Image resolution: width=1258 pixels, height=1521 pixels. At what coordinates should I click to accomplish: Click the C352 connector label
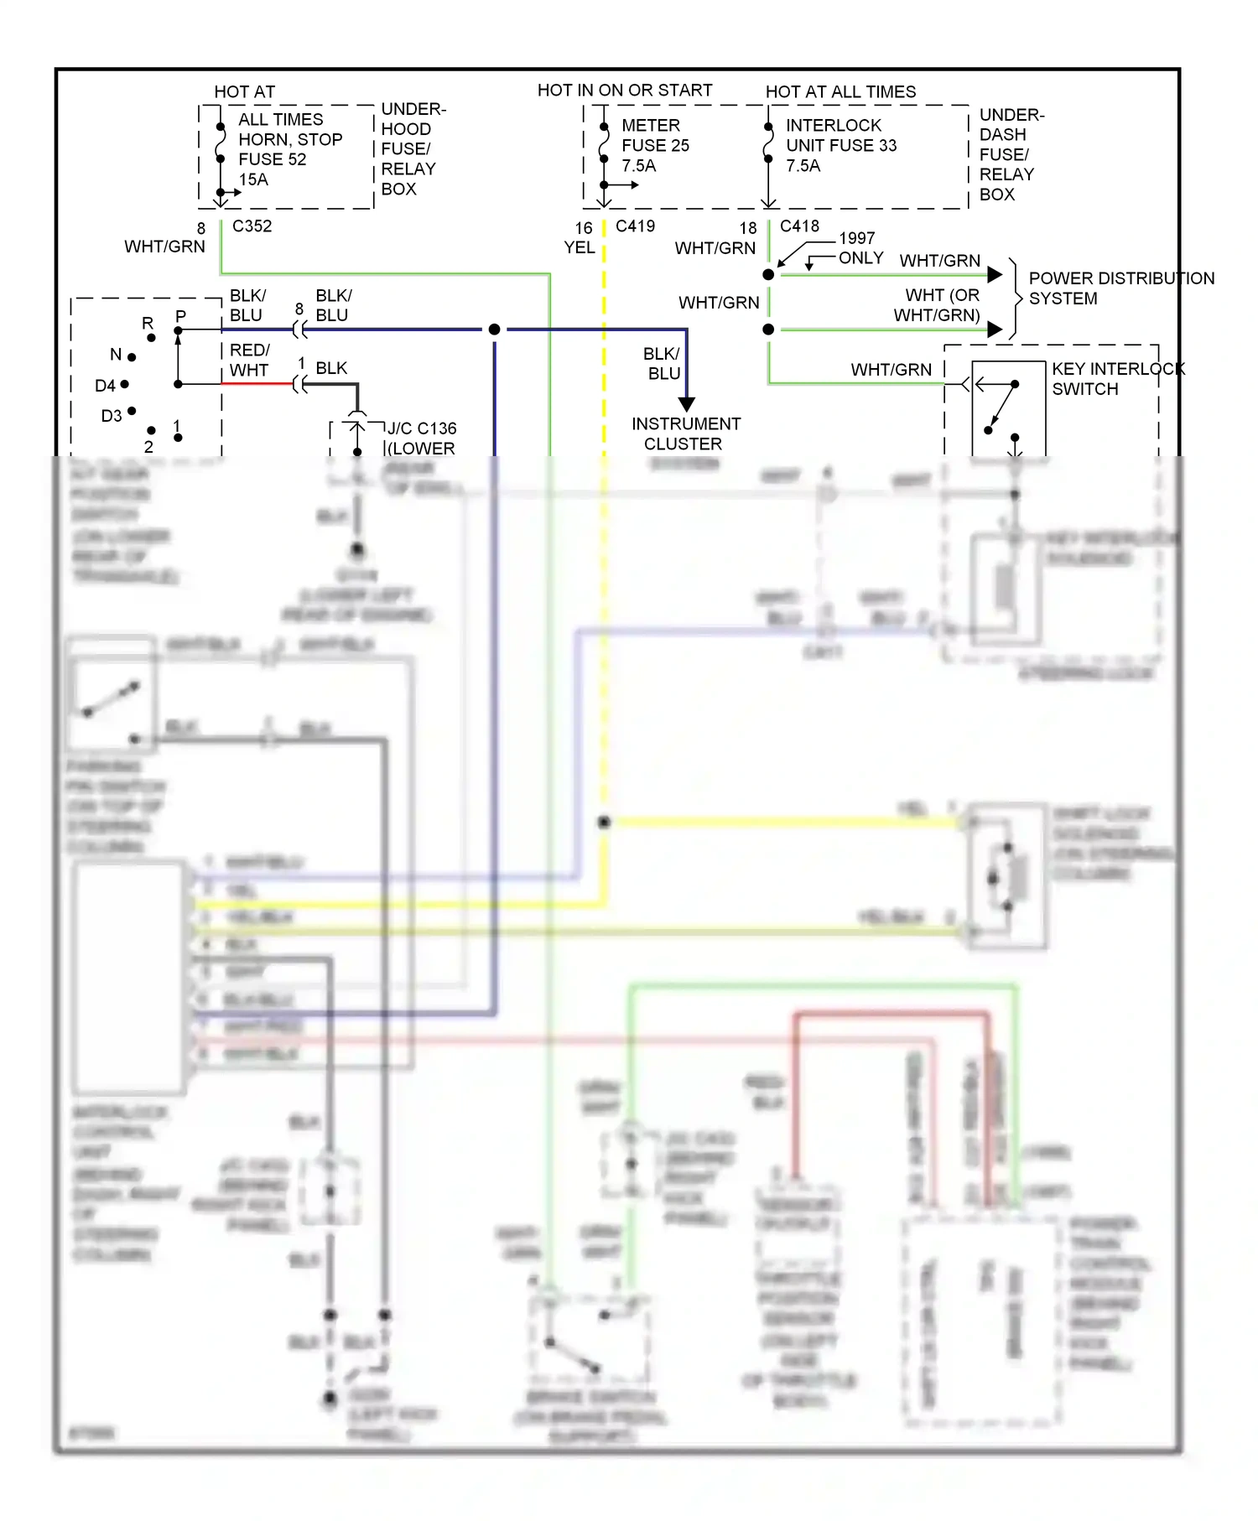click(252, 226)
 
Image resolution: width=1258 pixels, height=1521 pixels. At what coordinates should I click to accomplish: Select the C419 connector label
click(635, 226)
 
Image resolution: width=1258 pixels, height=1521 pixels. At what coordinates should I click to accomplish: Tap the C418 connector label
click(799, 226)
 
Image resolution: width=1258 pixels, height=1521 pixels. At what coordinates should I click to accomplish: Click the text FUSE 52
click(273, 159)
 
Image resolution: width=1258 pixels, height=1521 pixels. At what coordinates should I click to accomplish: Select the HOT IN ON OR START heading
click(625, 91)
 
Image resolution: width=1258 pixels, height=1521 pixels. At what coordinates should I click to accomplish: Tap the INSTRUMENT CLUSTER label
click(685, 433)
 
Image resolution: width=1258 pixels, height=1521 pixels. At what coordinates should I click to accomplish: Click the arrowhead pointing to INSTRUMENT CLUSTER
click(686, 404)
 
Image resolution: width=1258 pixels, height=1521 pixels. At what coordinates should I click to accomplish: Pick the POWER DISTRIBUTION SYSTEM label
click(1120, 288)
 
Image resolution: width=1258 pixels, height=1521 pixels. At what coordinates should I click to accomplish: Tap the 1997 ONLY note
click(860, 248)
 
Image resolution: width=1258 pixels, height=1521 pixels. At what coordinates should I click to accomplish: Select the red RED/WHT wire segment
click(256, 384)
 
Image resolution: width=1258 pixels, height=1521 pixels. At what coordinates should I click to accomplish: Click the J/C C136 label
click(422, 428)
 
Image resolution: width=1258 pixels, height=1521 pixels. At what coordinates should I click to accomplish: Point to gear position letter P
click(180, 317)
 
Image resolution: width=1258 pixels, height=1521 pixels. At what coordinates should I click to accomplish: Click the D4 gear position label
click(105, 386)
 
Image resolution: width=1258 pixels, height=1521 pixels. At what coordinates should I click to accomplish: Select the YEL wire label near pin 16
click(579, 247)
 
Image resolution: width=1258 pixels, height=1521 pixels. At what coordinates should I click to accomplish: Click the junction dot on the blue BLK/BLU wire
click(495, 330)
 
